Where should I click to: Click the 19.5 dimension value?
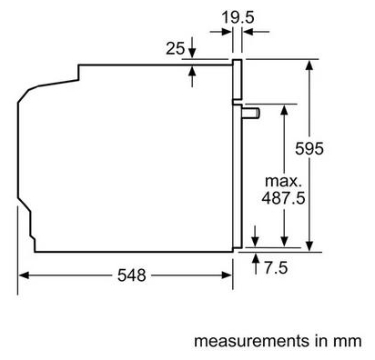click(x=238, y=17)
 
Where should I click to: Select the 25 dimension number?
click(x=175, y=48)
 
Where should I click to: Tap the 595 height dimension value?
click(x=309, y=148)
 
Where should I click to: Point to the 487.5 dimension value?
click(x=283, y=198)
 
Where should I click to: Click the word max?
click(x=283, y=181)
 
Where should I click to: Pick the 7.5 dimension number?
click(x=276, y=268)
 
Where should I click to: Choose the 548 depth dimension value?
click(x=132, y=275)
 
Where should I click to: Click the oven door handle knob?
click(x=251, y=113)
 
